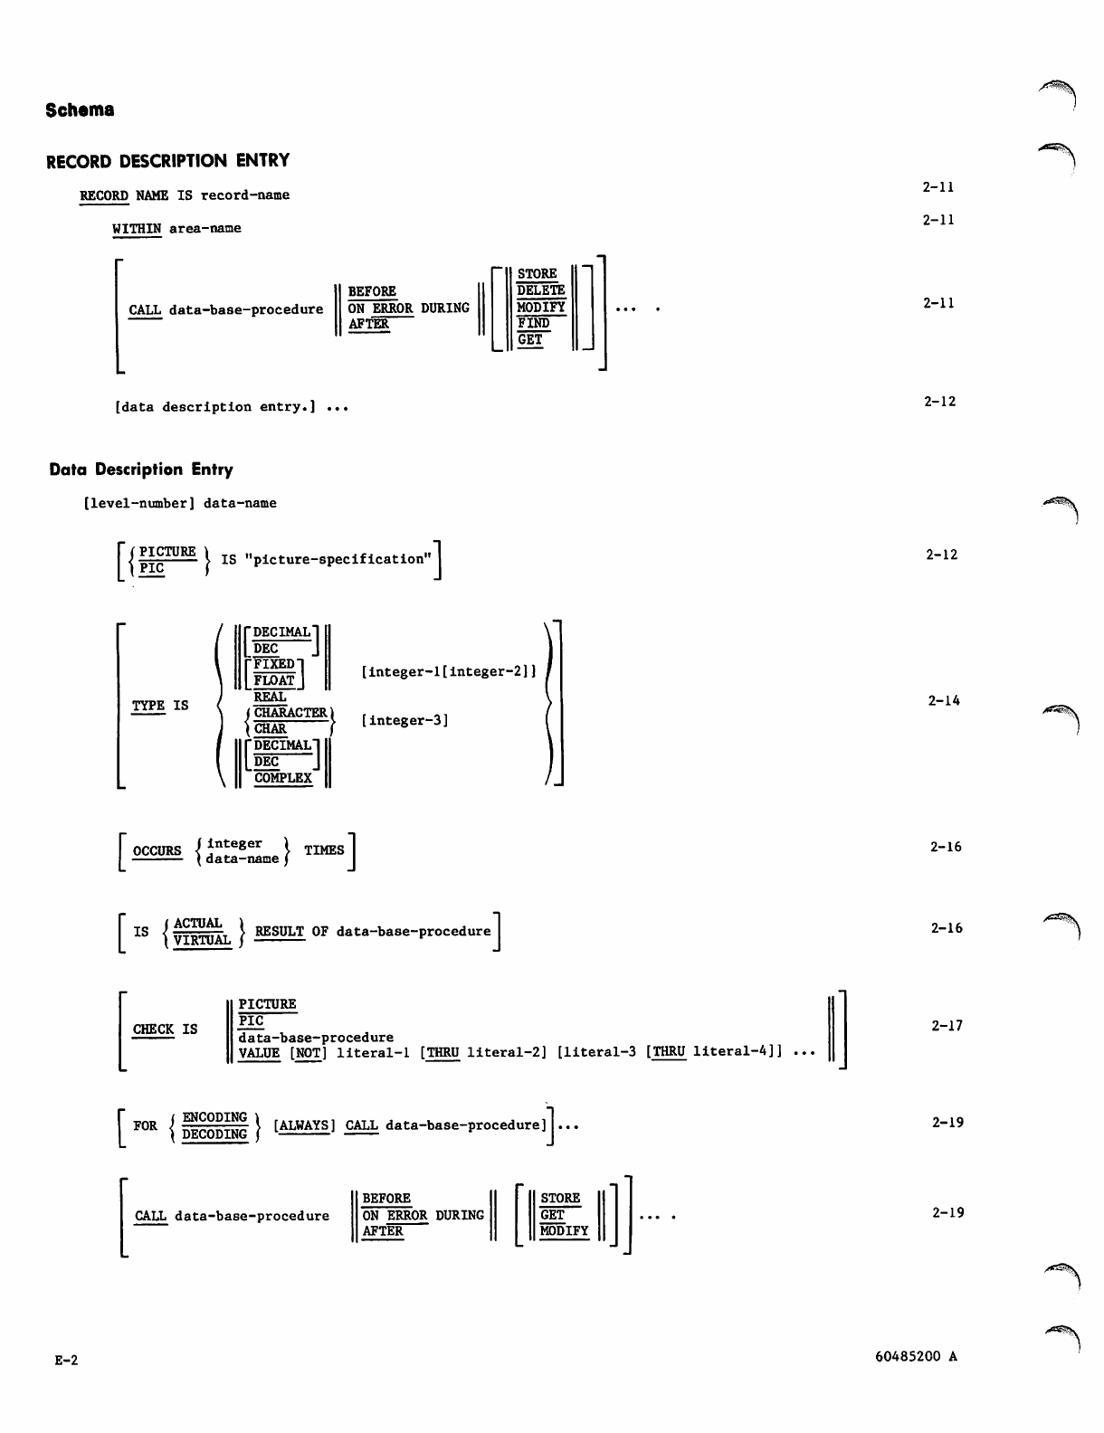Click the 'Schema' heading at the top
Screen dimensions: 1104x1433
pos(80,110)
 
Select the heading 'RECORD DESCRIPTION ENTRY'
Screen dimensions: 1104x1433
pos(168,161)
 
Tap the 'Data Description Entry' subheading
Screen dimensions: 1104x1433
pos(141,470)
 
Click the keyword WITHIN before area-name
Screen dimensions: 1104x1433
pos(137,228)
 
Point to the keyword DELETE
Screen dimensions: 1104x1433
pos(540,290)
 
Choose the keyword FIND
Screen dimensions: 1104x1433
pos(533,323)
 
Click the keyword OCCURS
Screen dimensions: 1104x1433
pos(157,850)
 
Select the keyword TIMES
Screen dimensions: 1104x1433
pos(324,850)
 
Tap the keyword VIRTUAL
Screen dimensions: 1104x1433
pos(203,940)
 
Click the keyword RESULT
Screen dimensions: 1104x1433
pos(279,931)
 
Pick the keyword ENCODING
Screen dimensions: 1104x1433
pos(214,1117)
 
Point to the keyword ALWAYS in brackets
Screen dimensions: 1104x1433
pos(304,1125)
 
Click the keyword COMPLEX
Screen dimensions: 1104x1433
pos(282,778)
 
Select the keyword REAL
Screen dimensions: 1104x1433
pos(270,697)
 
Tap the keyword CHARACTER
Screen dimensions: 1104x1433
pos(290,713)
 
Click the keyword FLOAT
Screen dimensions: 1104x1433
pos(274,680)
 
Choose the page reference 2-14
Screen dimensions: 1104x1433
pos(944,700)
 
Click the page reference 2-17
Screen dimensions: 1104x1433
pos(947,1026)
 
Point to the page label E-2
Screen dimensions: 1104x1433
pos(66,1360)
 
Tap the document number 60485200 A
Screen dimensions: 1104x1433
pos(916,1356)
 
